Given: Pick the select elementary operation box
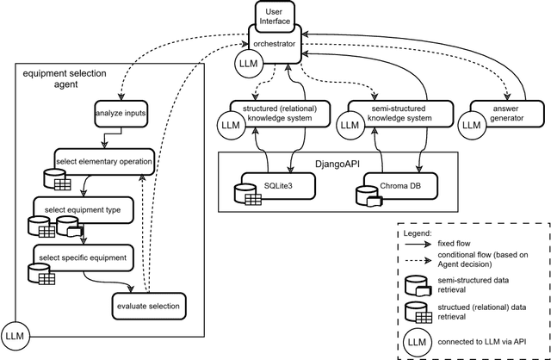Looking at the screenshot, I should click(103, 161).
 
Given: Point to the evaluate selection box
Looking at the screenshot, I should click(149, 305).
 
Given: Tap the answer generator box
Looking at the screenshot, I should click(496, 115).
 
